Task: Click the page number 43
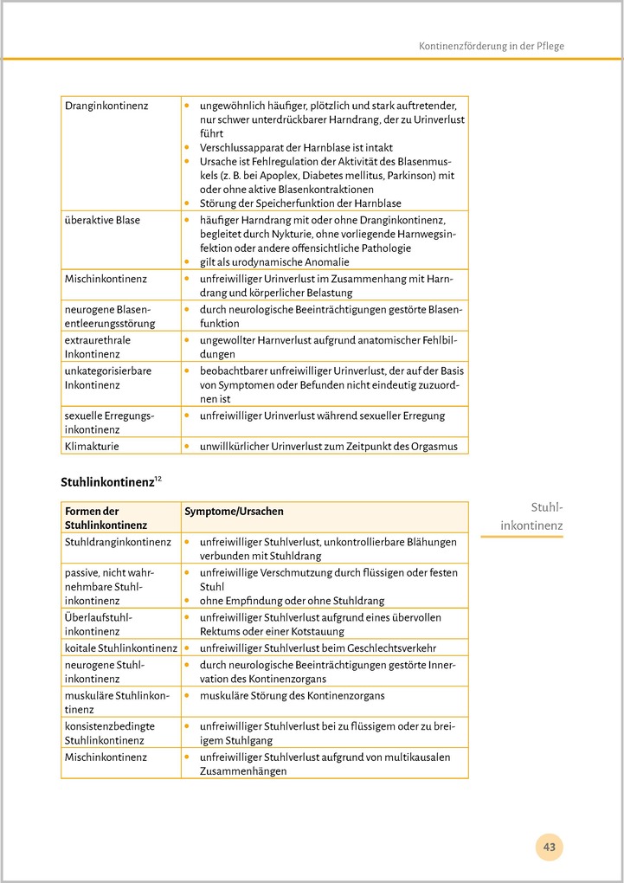[x=550, y=846]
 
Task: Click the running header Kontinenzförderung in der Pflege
[x=491, y=45]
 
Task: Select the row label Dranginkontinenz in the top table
[x=106, y=106]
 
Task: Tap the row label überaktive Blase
[x=102, y=220]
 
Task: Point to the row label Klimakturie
[x=92, y=447]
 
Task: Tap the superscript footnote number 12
[x=158, y=477]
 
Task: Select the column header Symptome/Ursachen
[x=234, y=512]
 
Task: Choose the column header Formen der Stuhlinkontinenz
[x=106, y=518]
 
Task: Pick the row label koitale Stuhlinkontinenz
[x=120, y=648]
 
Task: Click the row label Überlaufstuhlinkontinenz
[x=98, y=623]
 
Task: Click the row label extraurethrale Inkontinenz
[x=98, y=347]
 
